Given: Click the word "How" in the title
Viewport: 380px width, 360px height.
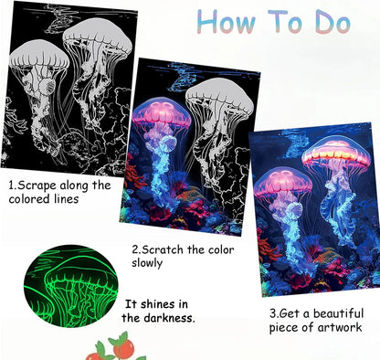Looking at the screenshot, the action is (226, 21).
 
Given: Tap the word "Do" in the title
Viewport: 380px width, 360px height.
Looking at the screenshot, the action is (332, 22).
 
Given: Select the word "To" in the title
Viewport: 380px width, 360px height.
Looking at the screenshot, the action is (285, 21).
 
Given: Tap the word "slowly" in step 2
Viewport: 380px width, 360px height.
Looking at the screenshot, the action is (147, 263).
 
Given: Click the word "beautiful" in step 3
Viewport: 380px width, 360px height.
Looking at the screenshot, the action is (339, 313).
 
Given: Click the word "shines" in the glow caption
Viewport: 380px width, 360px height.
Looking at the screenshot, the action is (158, 304).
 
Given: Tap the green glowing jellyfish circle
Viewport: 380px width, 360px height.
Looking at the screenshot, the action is (70, 286).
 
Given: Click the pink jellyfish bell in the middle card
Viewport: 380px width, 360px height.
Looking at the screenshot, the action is (162, 111).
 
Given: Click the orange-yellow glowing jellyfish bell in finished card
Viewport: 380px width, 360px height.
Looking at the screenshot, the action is (336, 153).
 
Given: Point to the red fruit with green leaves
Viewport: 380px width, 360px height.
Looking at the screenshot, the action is (123, 346).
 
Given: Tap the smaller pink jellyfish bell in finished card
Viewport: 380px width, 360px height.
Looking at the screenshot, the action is (283, 182).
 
